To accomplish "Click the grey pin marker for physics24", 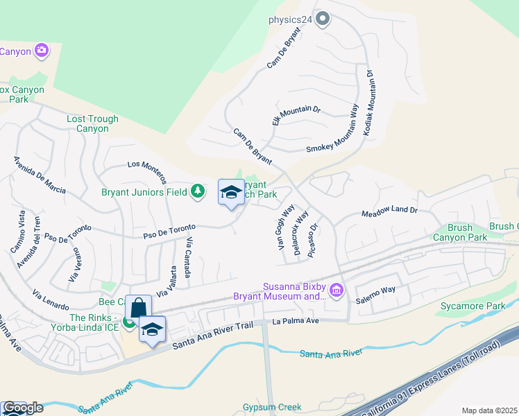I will click(x=322, y=19).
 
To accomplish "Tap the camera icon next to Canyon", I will click(x=42, y=50).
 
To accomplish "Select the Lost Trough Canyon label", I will click(x=92, y=123).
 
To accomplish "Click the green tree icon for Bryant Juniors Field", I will click(x=198, y=191).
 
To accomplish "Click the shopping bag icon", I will click(x=138, y=309).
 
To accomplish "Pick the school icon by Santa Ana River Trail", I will click(x=152, y=329).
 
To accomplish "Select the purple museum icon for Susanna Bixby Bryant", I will click(x=337, y=289).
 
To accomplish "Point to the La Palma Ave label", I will click(x=295, y=321).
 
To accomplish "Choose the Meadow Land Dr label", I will click(x=389, y=211).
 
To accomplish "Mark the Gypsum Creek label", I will click(x=272, y=407).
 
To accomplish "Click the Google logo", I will click(x=22, y=408).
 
